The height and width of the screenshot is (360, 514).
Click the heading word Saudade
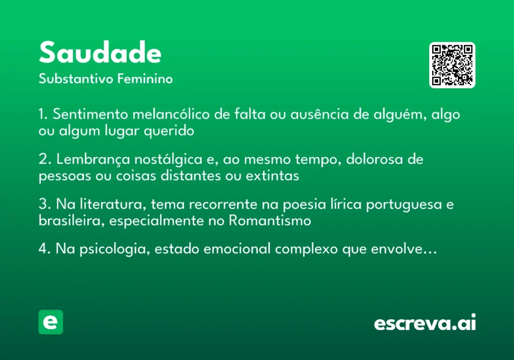click(100, 52)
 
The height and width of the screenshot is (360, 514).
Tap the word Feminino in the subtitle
click(145, 79)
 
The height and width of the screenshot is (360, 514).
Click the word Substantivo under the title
click(76, 79)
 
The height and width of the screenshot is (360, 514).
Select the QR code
click(452, 65)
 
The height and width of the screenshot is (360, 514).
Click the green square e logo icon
click(51, 322)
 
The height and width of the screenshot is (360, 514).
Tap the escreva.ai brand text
click(425, 322)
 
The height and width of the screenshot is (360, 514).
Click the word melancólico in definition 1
click(171, 114)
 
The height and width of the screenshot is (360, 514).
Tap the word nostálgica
click(169, 160)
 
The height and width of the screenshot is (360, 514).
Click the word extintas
click(273, 176)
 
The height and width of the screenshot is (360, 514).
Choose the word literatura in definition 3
click(113, 204)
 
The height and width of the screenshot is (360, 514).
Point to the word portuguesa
click(404, 205)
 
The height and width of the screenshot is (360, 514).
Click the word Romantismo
click(270, 220)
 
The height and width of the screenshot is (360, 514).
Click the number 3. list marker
click(45, 204)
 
